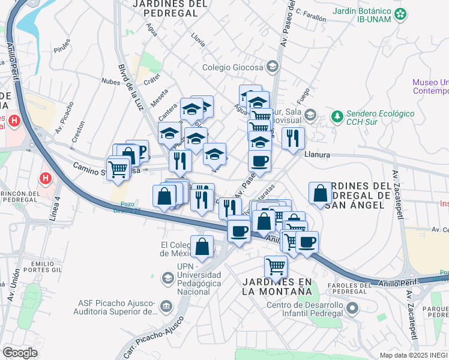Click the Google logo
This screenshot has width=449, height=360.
[x=20, y=353]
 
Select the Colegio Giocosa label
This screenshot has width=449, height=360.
[x=234, y=67]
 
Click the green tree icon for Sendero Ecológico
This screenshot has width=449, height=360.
[x=337, y=114]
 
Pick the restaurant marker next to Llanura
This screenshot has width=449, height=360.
[x=293, y=137]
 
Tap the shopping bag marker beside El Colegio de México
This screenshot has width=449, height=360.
[x=202, y=246]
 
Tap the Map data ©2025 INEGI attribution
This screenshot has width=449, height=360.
[x=414, y=355]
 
